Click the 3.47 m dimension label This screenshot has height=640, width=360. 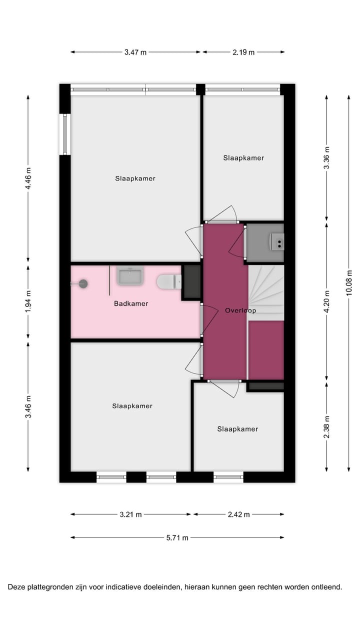pyautogui.click(x=135, y=52)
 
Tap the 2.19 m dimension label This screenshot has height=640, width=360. pyautogui.click(x=243, y=52)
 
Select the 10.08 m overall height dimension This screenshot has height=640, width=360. pyautogui.click(x=349, y=282)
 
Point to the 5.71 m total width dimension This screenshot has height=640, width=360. pyautogui.click(x=177, y=537)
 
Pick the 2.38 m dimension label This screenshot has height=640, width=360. pyautogui.click(x=326, y=427)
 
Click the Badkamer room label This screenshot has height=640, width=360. pyautogui.click(x=131, y=303)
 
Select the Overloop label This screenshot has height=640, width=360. pyautogui.click(x=240, y=310)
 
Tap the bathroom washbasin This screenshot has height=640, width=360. pyautogui.click(x=130, y=275)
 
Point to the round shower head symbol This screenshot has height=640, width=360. pyautogui.click(x=83, y=283)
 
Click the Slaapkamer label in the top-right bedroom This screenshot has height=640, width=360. pyautogui.click(x=243, y=158)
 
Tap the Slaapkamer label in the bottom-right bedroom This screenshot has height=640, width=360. pyautogui.click(x=237, y=429)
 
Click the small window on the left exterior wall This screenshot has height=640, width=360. pyautogui.click(x=64, y=134)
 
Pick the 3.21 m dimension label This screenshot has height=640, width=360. pyautogui.click(x=131, y=514)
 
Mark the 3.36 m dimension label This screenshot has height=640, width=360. pyautogui.click(x=326, y=157)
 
